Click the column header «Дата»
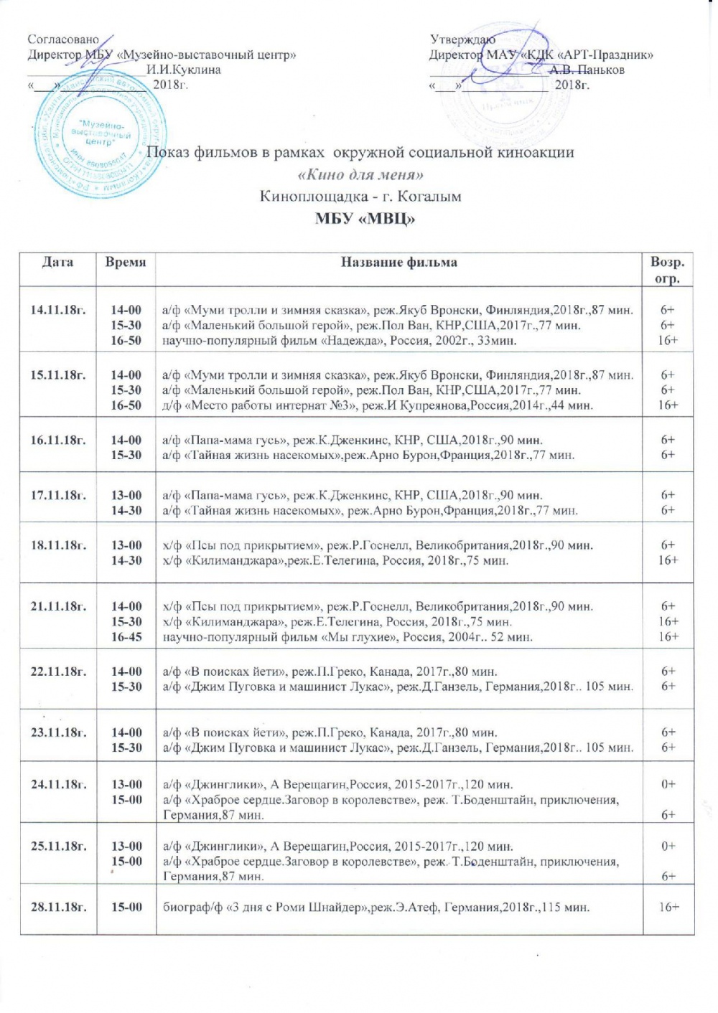click(57, 263)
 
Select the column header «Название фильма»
click(398, 263)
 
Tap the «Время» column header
click(126, 263)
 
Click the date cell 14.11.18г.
click(58, 310)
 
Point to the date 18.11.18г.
click(58, 545)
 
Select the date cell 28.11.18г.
click(58, 908)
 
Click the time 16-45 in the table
click(126, 637)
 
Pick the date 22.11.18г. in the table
click(58, 672)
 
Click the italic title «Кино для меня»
click(360, 174)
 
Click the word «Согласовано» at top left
click(63, 39)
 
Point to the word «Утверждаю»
click(462, 39)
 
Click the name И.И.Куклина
click(183, 70)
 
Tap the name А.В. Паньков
click(587, 70)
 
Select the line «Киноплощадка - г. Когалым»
click(360, 197)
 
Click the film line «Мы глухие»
click(348, 637)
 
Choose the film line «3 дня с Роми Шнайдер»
click(376, 908)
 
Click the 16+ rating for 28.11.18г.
click(668, 908)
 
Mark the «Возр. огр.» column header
click(667, 270)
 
